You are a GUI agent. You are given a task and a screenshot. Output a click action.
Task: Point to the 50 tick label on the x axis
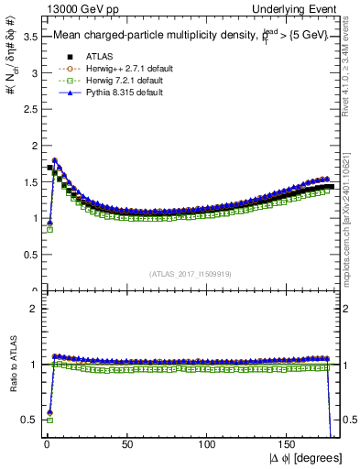click(x=126, y=445)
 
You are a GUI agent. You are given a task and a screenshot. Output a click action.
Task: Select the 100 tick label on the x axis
click(x=208, y=445)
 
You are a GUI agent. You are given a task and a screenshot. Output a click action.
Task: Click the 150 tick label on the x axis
click(x=289, y=445)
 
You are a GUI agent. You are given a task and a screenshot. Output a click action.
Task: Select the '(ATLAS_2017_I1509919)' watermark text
click(x=191, y=274)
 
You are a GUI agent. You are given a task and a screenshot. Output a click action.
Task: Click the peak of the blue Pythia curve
click(x=55, y=135)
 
